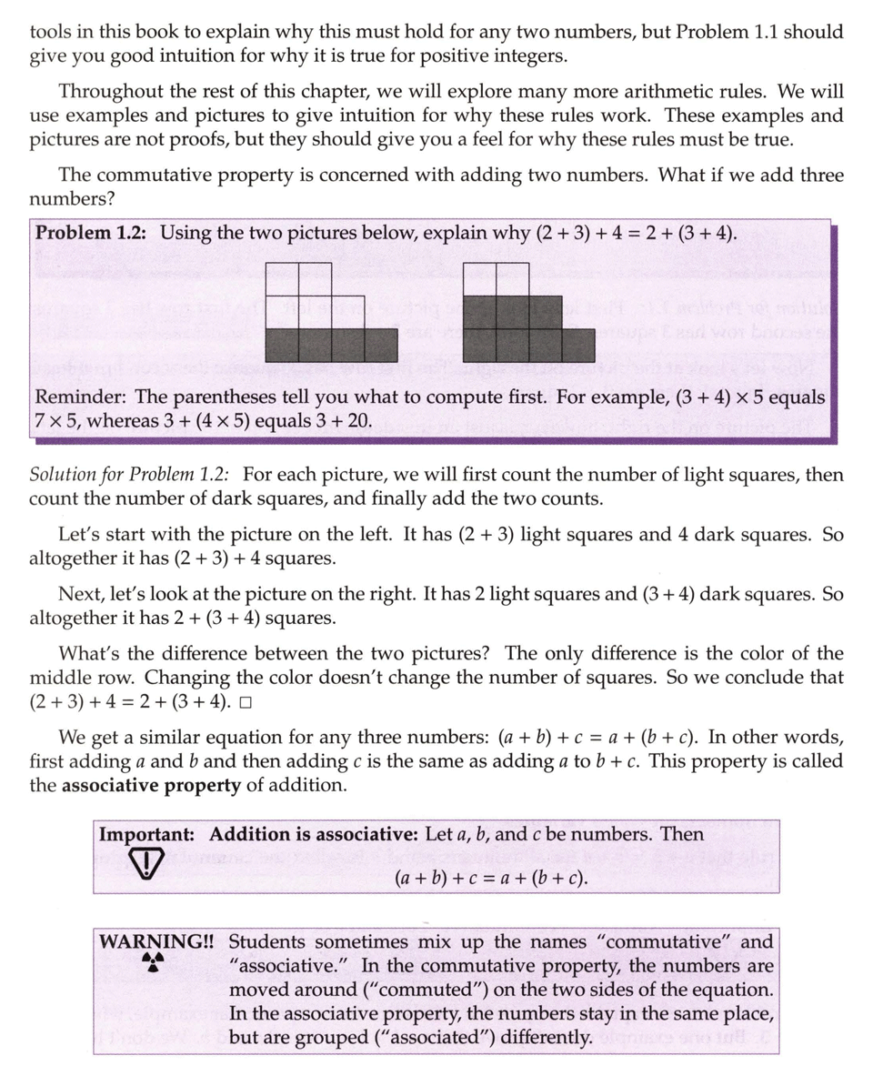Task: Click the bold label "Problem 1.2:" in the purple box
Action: pos(95,233)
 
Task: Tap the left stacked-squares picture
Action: pos(331,313)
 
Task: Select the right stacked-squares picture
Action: pos(527,313)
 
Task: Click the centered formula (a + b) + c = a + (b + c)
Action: pos(491,880)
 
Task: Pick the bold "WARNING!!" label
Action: pos(157,942)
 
